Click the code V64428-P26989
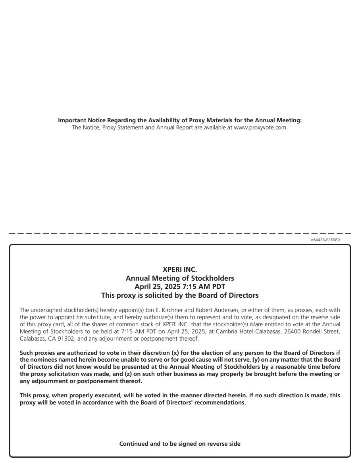(325, 240)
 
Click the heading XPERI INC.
(180, 270)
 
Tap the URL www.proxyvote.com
(260, 127)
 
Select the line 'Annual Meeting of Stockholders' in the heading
(180, 278)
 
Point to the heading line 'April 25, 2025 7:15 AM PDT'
(180, 287)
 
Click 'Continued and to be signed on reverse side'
(180, 444)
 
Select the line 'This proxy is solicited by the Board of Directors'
(180, 295)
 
